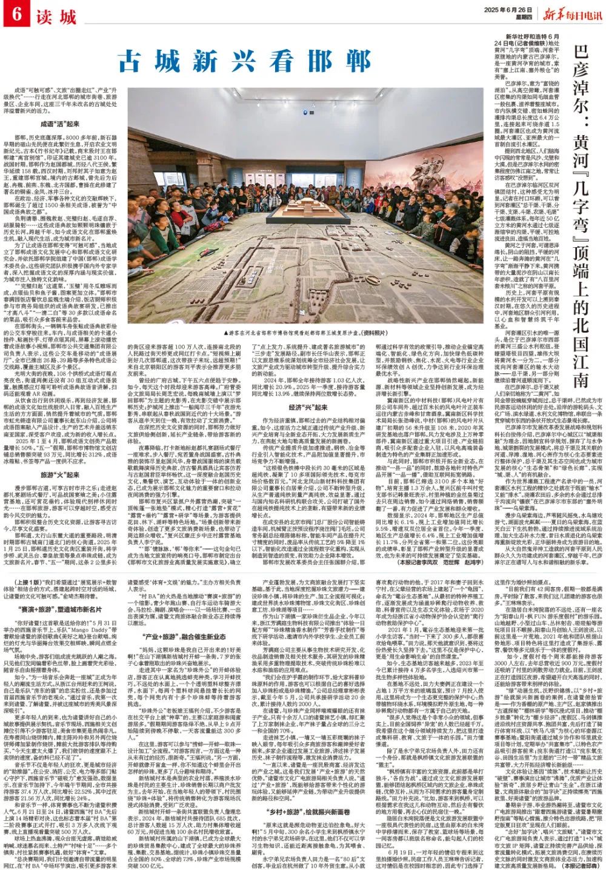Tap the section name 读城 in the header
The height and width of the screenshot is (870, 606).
pos(49,15)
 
